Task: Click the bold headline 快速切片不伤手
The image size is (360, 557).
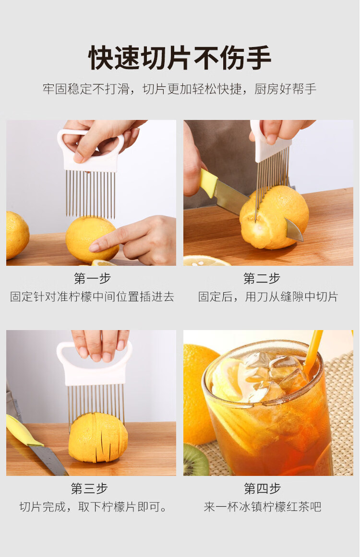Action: (x=180, y=58)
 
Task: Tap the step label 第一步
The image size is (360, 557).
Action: (x=92, y=278)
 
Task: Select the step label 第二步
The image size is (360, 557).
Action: (x=262, y=278)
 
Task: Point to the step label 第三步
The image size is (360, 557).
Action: (x=89, y=488)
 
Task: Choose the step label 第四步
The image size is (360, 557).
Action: (x=262, y=488)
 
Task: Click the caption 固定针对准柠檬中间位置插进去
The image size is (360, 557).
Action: (x=92, y=296)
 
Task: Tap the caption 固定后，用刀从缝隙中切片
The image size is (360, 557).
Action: (x=268, y=296)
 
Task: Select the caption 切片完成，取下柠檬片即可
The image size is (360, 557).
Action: (x=93, y=507)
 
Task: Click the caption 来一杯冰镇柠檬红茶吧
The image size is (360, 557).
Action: (x=263, y=507)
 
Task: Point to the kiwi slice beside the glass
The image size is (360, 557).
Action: (x=195, y=460)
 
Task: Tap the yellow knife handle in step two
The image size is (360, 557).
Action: (x=208, y=183)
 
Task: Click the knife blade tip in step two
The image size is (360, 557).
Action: (x=302, y=240)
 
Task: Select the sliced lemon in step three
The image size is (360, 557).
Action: (x=98, y=437)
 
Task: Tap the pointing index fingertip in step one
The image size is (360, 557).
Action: (x=94, y=247)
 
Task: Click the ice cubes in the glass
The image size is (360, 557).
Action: (x=273, y=373)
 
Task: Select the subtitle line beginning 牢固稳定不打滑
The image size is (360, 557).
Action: (x=180, y=89)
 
